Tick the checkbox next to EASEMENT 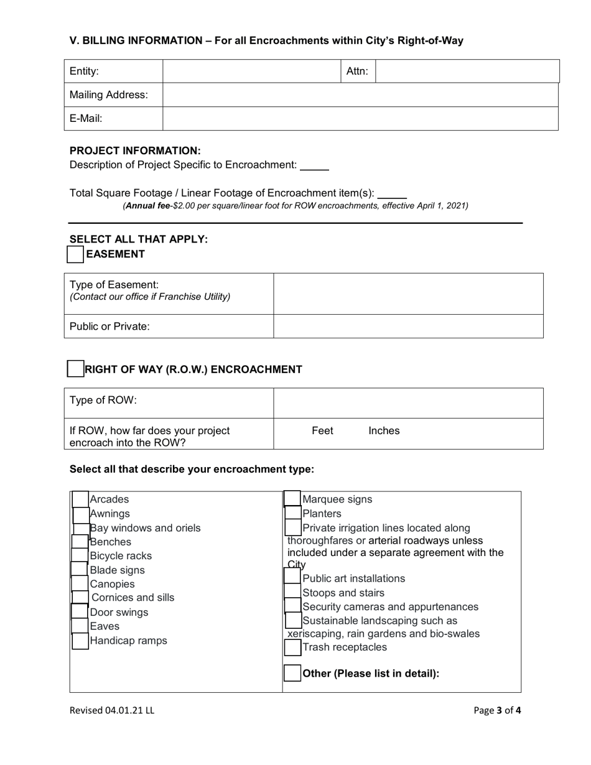(75, 254)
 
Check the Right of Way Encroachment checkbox (75, 369)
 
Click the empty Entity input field (252, 72)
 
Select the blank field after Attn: (467, 72)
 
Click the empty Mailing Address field (360, 95)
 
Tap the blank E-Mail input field (360, 118)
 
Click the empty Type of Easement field (408, 294)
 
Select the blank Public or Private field (408, 326)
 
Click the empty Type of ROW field (408, 403)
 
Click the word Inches (384, 431)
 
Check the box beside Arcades (80, 499)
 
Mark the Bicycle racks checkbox (80, 555)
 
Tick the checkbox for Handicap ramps (80, 641)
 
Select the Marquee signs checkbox (292, 499)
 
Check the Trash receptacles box (292, 647)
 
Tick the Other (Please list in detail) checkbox (292, 673)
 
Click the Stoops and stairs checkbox (292, 593)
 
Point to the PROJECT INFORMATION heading (135, 151)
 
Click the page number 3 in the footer (499, 710)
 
